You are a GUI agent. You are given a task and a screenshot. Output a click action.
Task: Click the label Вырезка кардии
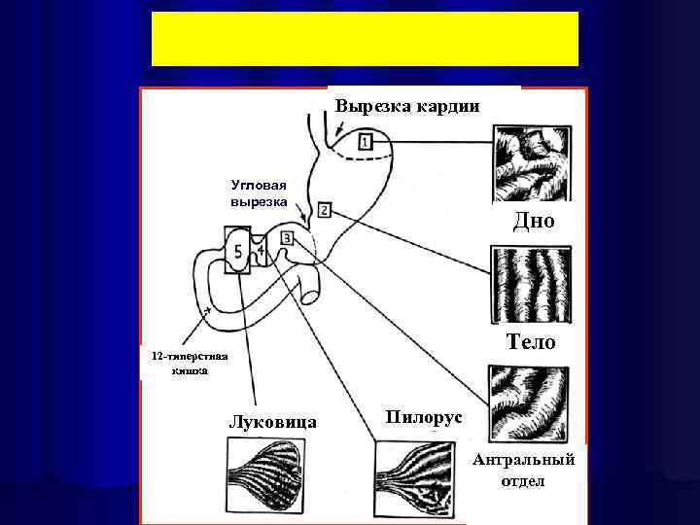[407, 105]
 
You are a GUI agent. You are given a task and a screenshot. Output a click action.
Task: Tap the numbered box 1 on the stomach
[364, 142]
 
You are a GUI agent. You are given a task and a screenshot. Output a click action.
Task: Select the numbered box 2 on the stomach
[324, 210]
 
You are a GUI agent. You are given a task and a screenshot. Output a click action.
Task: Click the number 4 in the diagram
[262, 251]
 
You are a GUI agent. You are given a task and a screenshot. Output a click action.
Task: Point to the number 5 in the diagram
[239, 252]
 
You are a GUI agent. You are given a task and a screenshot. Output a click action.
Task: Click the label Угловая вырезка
[259, 192]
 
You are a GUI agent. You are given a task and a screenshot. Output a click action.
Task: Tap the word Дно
[534, 222]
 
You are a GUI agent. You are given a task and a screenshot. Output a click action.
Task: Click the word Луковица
[271, 422]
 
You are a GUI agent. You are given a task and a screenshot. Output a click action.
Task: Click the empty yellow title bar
[365, 40]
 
